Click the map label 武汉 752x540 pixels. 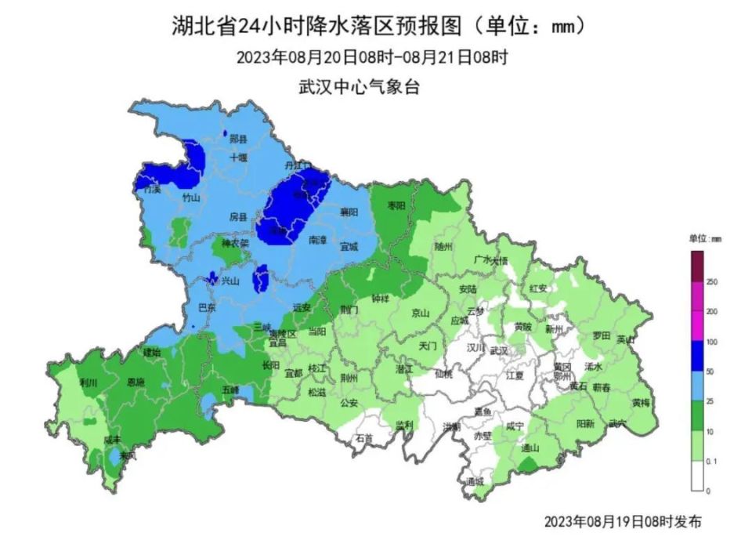[500, 350]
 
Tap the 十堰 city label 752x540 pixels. [238, 158]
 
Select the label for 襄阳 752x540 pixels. [349, 212]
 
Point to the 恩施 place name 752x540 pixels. [135, 382]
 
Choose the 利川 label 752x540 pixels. [89, 383]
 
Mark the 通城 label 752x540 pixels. [475, 481]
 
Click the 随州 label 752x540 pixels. [443, 246]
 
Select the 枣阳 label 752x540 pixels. [396, 206]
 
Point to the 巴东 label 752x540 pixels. [207, 307]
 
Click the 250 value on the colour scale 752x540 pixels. [712, 282]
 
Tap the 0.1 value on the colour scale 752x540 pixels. [712, 462]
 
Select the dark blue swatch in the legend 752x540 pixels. [696, 357]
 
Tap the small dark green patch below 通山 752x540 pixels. [528, 466]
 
